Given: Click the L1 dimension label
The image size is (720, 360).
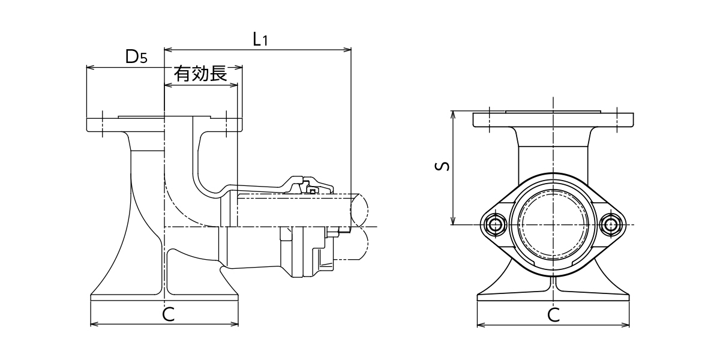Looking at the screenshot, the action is (260, 40).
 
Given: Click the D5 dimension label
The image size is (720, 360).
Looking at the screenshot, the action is (136, 57).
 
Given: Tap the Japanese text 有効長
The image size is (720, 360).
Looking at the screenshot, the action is (200, 74).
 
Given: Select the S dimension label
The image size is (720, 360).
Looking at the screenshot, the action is (442, 166).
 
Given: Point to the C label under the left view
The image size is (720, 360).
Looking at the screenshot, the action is (168, 314).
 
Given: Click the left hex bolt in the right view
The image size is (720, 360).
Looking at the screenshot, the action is (494, 224).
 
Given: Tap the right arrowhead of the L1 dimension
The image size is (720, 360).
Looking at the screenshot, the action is (347, 49).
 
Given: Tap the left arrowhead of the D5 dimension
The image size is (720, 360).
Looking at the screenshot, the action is (90, 67).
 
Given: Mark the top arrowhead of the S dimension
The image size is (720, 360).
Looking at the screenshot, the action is (452, 115).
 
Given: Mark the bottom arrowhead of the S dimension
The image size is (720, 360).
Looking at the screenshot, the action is (452, 221).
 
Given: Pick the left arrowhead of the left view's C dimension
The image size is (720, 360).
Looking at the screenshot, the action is (94, 325).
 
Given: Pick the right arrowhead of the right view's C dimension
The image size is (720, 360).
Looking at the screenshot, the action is (625, 325).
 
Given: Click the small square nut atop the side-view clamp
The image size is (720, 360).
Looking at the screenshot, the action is (313, 191).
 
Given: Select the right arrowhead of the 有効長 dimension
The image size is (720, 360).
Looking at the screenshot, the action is (234, 85).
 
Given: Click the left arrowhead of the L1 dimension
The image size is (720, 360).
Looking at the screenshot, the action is (168, 49).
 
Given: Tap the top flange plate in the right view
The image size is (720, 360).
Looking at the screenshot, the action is (553, 119).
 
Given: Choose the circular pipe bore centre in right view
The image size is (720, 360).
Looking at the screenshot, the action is (553, 224).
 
